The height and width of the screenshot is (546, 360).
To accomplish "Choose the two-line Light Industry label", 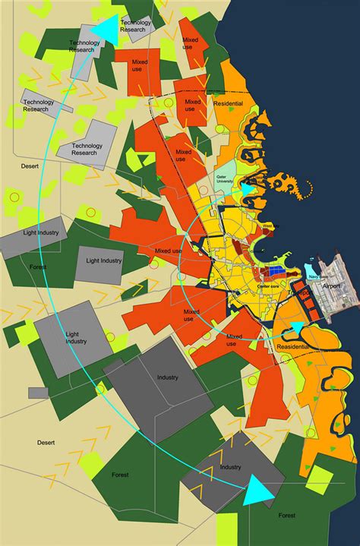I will coord(76,337).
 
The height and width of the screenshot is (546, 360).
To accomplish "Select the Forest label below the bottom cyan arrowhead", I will coord(287,516).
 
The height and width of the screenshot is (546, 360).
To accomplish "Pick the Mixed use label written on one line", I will coord(169,250).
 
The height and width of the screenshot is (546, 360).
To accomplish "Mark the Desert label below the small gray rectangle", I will coord(47,442).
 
